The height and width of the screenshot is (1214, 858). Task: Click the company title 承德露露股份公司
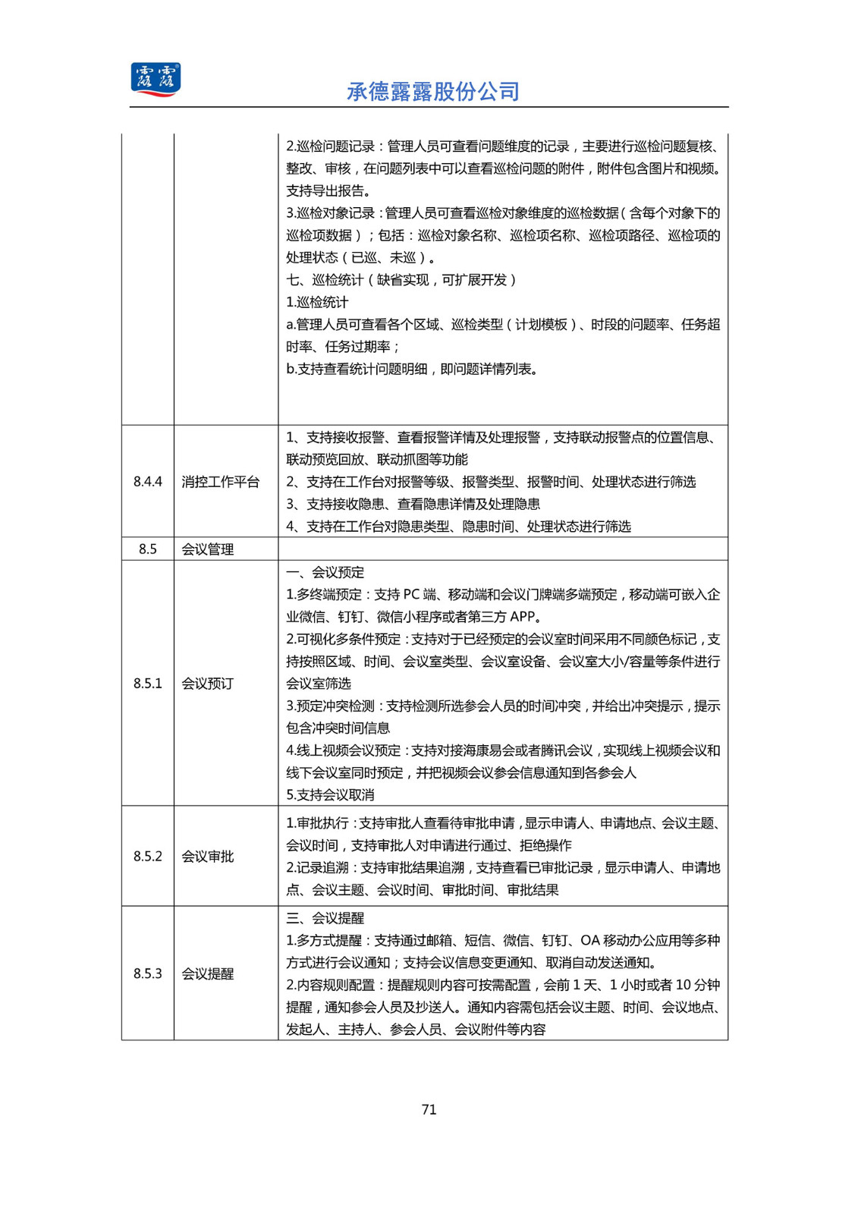[432, 92]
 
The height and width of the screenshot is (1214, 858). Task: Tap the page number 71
[429, 1109]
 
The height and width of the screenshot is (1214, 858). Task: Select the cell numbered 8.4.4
[148, 482]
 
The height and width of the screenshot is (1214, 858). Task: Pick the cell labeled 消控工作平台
[221, 482]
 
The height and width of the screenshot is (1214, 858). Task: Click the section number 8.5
[148, 549]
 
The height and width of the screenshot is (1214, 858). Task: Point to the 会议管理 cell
[208, 549]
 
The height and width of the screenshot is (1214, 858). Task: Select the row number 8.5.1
[148, 684]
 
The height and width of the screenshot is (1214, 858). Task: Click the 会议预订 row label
[208, 684]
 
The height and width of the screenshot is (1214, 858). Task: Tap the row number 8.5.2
[148, 857]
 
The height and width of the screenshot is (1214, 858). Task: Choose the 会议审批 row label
[208, 857]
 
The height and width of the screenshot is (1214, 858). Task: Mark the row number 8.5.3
[148, 973]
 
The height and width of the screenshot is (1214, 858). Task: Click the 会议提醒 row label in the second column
[208, 973]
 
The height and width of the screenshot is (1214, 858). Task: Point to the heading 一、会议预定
[325, 572]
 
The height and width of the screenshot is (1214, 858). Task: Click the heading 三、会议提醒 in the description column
[325, 918]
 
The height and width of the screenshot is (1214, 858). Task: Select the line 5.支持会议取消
[330, 795]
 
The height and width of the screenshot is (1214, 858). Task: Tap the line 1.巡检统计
[317, 302]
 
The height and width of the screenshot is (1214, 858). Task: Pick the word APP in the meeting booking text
[523, 617]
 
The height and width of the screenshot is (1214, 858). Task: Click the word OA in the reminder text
[589, 941]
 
